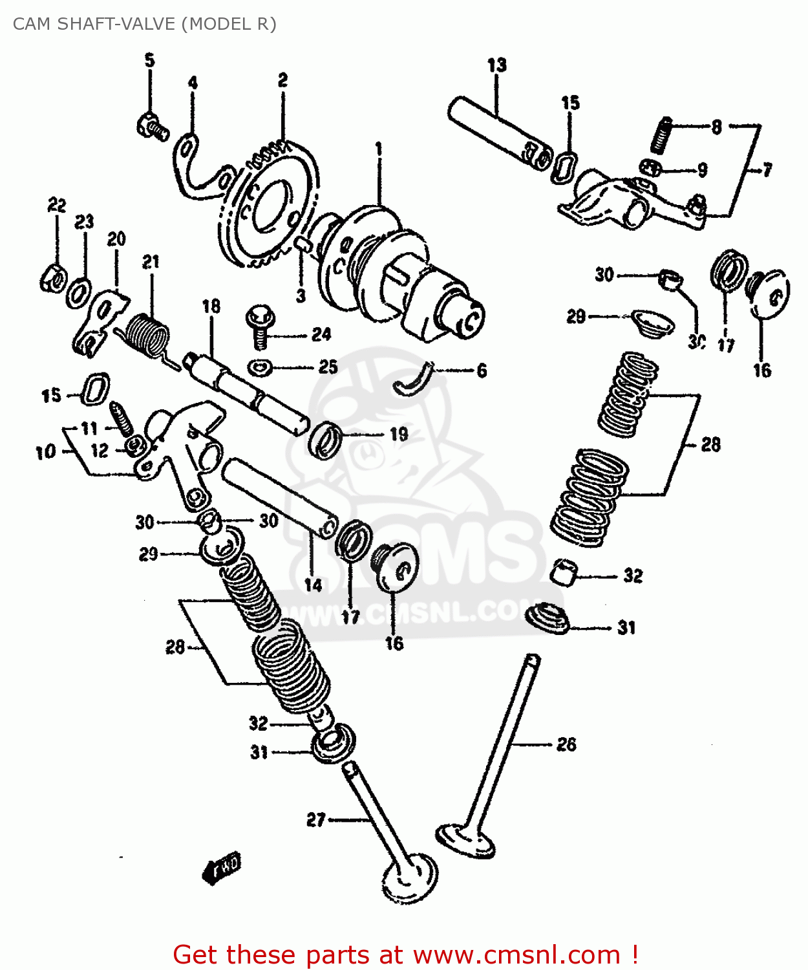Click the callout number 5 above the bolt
click(149, 61)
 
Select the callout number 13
click(496, 65)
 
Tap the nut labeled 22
click(52, 278)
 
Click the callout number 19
click(399, 434)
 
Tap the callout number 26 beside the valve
click(566, 744)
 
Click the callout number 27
click(315, 819)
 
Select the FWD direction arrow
click(221, 867)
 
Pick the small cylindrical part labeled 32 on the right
click(564, 571)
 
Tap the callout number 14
click(313, 585)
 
